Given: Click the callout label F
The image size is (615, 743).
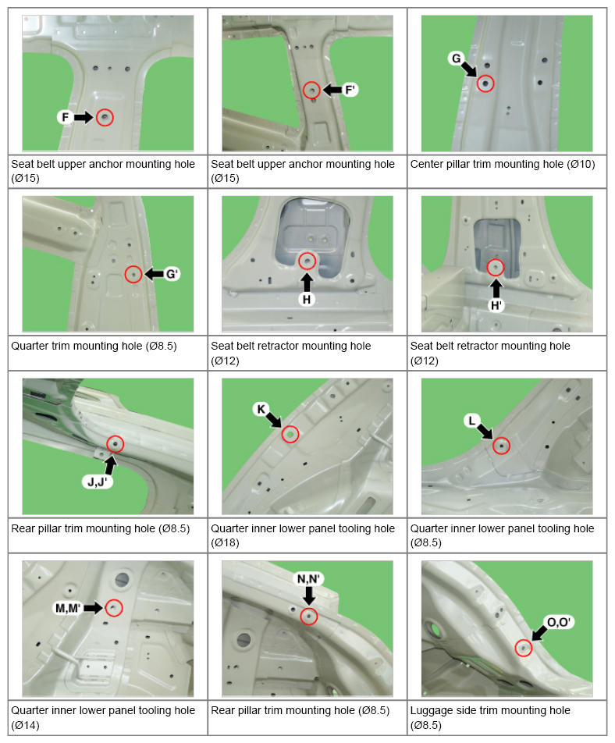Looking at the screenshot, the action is [x=65, y=117].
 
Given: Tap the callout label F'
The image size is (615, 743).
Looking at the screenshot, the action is [x=350, y=90].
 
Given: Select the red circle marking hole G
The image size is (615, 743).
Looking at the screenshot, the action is [x=485, y=84].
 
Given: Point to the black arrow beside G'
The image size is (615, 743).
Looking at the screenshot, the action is [x=154, y=274].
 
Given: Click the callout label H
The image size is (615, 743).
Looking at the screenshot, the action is [x=307, y=300].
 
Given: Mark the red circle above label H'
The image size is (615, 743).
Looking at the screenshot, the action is [x=496, y=267].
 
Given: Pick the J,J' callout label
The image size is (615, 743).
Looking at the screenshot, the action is [x=97, y=482].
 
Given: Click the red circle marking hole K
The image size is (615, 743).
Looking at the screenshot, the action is [x=290, y=434].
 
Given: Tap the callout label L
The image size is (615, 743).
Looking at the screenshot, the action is [x=471, y=421].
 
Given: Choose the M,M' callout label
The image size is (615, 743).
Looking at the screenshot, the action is [x=68, y=608].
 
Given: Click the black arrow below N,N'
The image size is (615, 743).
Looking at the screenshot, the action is [x=309, y=595].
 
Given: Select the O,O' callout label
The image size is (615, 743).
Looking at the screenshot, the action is [x=559, y=622].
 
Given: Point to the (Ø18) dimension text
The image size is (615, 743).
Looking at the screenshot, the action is [x=225, y=542].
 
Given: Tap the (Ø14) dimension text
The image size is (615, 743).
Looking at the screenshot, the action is [x=26, y=725].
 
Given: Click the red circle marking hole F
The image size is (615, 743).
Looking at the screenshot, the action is [x=105, y=117].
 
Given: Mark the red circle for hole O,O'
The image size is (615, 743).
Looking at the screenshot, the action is [x=523, y=648].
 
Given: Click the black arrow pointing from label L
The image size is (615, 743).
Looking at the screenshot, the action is [x=485, y=431].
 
